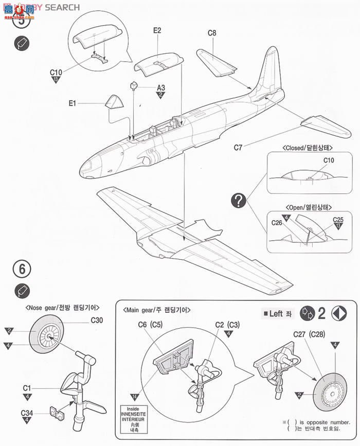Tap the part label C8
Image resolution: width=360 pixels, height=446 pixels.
212,33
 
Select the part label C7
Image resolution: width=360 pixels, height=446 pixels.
238,148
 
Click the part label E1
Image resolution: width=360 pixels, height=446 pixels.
73,103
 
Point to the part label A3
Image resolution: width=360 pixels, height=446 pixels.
161,88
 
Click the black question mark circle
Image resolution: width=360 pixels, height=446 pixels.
239,201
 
